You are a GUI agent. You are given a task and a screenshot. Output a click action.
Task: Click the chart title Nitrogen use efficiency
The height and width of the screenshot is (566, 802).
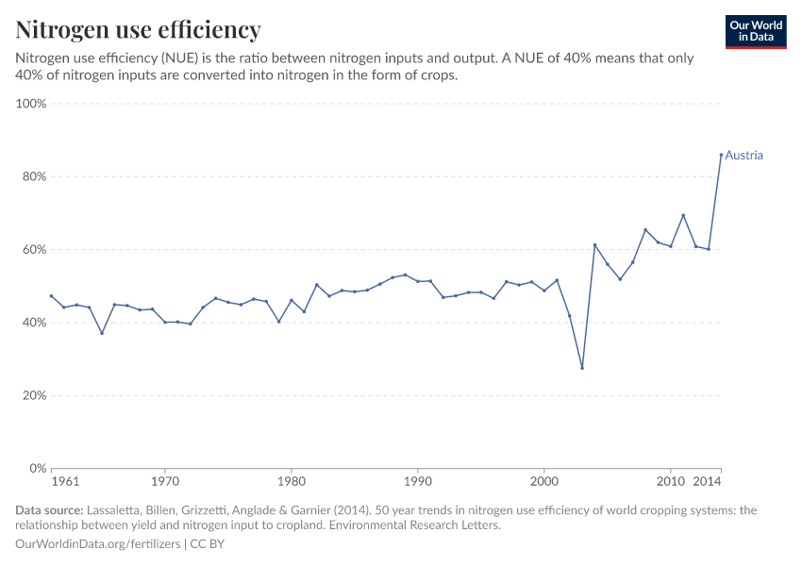click(139, 29)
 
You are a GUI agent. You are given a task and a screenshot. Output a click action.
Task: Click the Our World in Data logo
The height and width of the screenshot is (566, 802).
click(755, 31)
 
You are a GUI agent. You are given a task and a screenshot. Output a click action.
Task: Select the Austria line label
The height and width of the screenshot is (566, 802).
click(744, 156)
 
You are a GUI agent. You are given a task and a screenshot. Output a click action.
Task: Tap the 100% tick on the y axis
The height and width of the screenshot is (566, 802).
click(32, 104)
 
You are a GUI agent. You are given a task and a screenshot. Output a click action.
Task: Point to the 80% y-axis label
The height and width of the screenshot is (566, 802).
click(34, 176)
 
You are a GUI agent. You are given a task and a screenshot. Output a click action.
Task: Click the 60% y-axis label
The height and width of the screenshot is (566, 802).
click(34, 250)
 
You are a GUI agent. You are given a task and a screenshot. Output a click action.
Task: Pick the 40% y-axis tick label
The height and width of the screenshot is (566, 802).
click(34, 323)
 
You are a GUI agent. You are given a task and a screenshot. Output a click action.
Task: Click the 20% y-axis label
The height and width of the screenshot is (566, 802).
click(34, 395)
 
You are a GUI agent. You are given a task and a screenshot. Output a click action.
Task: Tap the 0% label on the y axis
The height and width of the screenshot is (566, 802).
click(38, 468)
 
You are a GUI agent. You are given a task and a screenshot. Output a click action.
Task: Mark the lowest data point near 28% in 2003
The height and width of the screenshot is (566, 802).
click(582, 368)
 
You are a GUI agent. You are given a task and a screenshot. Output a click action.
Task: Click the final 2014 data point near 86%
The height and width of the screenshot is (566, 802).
click(721, 155)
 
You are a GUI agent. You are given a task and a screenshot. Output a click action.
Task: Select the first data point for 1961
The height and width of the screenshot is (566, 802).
click(51, 296)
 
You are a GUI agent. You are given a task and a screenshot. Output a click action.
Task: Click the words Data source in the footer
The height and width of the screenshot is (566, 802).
click(49, 510)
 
